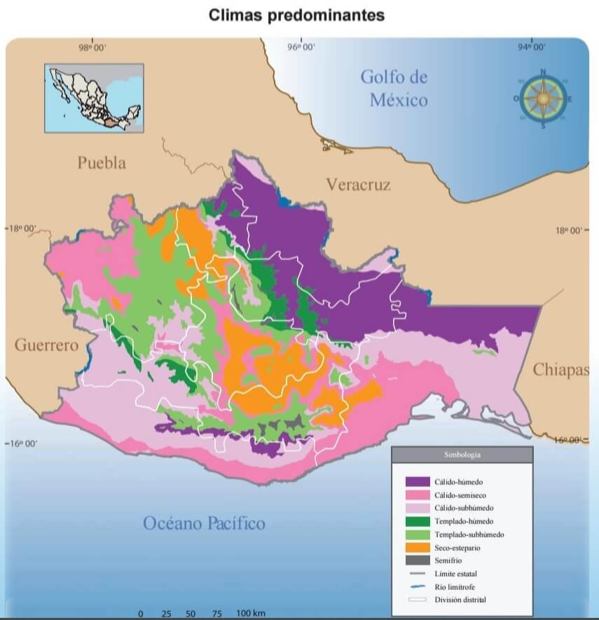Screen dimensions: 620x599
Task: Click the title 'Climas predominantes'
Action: click(297, 15)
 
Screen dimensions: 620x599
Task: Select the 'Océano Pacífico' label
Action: click(204, 523)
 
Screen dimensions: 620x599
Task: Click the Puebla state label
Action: click(102, 163)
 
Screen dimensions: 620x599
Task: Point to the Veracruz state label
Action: click(358, 184)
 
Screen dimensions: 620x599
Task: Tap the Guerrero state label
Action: click(46, 345)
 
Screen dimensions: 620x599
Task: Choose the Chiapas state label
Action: click(560, 370)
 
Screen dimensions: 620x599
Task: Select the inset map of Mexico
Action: click(94, 98)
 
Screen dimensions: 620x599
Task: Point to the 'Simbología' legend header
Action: click(462, 455)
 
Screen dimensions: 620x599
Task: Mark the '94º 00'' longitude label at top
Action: click(532, 48)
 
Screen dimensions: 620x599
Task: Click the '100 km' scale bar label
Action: click(251, 614)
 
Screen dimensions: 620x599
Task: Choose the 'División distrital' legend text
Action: click(460, 600)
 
